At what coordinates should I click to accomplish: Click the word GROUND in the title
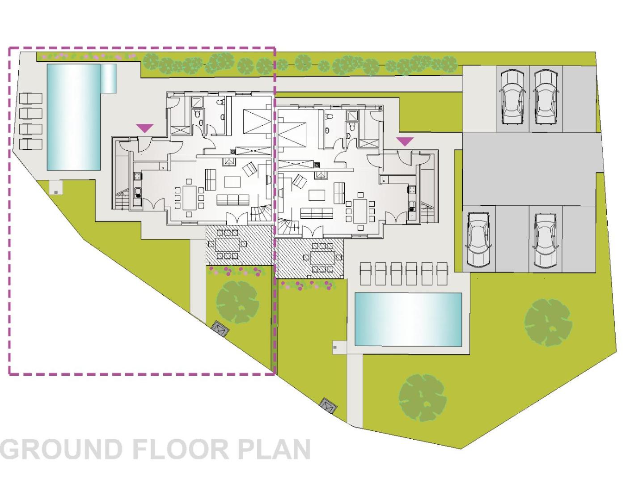[61, 450]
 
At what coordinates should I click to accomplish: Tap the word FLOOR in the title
[181, 450]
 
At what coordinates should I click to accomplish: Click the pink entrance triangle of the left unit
[144, 128]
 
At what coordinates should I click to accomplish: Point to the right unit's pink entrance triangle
[405, 142]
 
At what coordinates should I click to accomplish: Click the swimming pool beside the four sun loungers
[74, 117]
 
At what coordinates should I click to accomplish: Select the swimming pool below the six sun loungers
[408, 319]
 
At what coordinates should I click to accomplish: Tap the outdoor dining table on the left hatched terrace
[228, 245]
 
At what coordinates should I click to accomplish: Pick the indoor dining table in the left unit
[189, 197]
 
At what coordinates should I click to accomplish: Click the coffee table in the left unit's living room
[232, 182]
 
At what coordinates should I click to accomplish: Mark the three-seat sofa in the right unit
[317, 213]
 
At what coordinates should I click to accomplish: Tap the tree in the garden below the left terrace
[238, 302]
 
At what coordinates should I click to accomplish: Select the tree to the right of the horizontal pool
[548, 323]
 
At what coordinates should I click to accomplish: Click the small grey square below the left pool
[56, 192]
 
